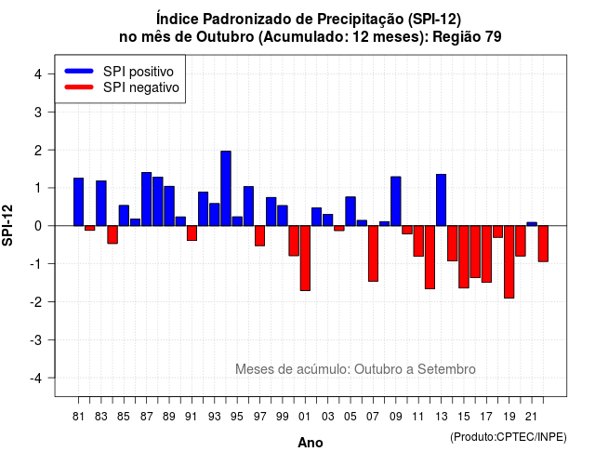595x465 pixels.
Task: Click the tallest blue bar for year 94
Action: pos(226,188)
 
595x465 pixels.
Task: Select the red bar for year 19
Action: pos(509,262)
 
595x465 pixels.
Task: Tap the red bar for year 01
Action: pos(305,259)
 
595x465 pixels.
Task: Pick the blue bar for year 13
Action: pos(441,200)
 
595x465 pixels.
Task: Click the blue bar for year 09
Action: pos(396,201)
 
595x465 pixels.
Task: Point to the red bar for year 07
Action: pos(374,254)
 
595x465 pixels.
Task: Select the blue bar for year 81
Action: pos(78,202)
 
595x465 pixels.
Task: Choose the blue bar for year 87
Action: pos(147,199)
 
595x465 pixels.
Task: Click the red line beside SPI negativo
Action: pos(79,87)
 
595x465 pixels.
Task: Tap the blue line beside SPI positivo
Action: pos(79,71)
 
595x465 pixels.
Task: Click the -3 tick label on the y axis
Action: pos(36,339)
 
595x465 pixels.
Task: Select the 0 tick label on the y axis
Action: pos(38,226)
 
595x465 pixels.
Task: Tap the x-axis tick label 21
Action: pos(532,417)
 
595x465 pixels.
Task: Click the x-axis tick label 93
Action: pos(215,417)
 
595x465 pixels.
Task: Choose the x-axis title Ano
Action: pos(311,443)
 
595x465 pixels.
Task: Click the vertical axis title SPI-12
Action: pos(7,225)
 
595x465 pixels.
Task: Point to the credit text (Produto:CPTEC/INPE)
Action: pos(509,437)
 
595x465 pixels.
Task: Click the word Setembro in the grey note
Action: pos(446,369)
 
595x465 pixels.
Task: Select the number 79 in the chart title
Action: pos(494,37)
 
